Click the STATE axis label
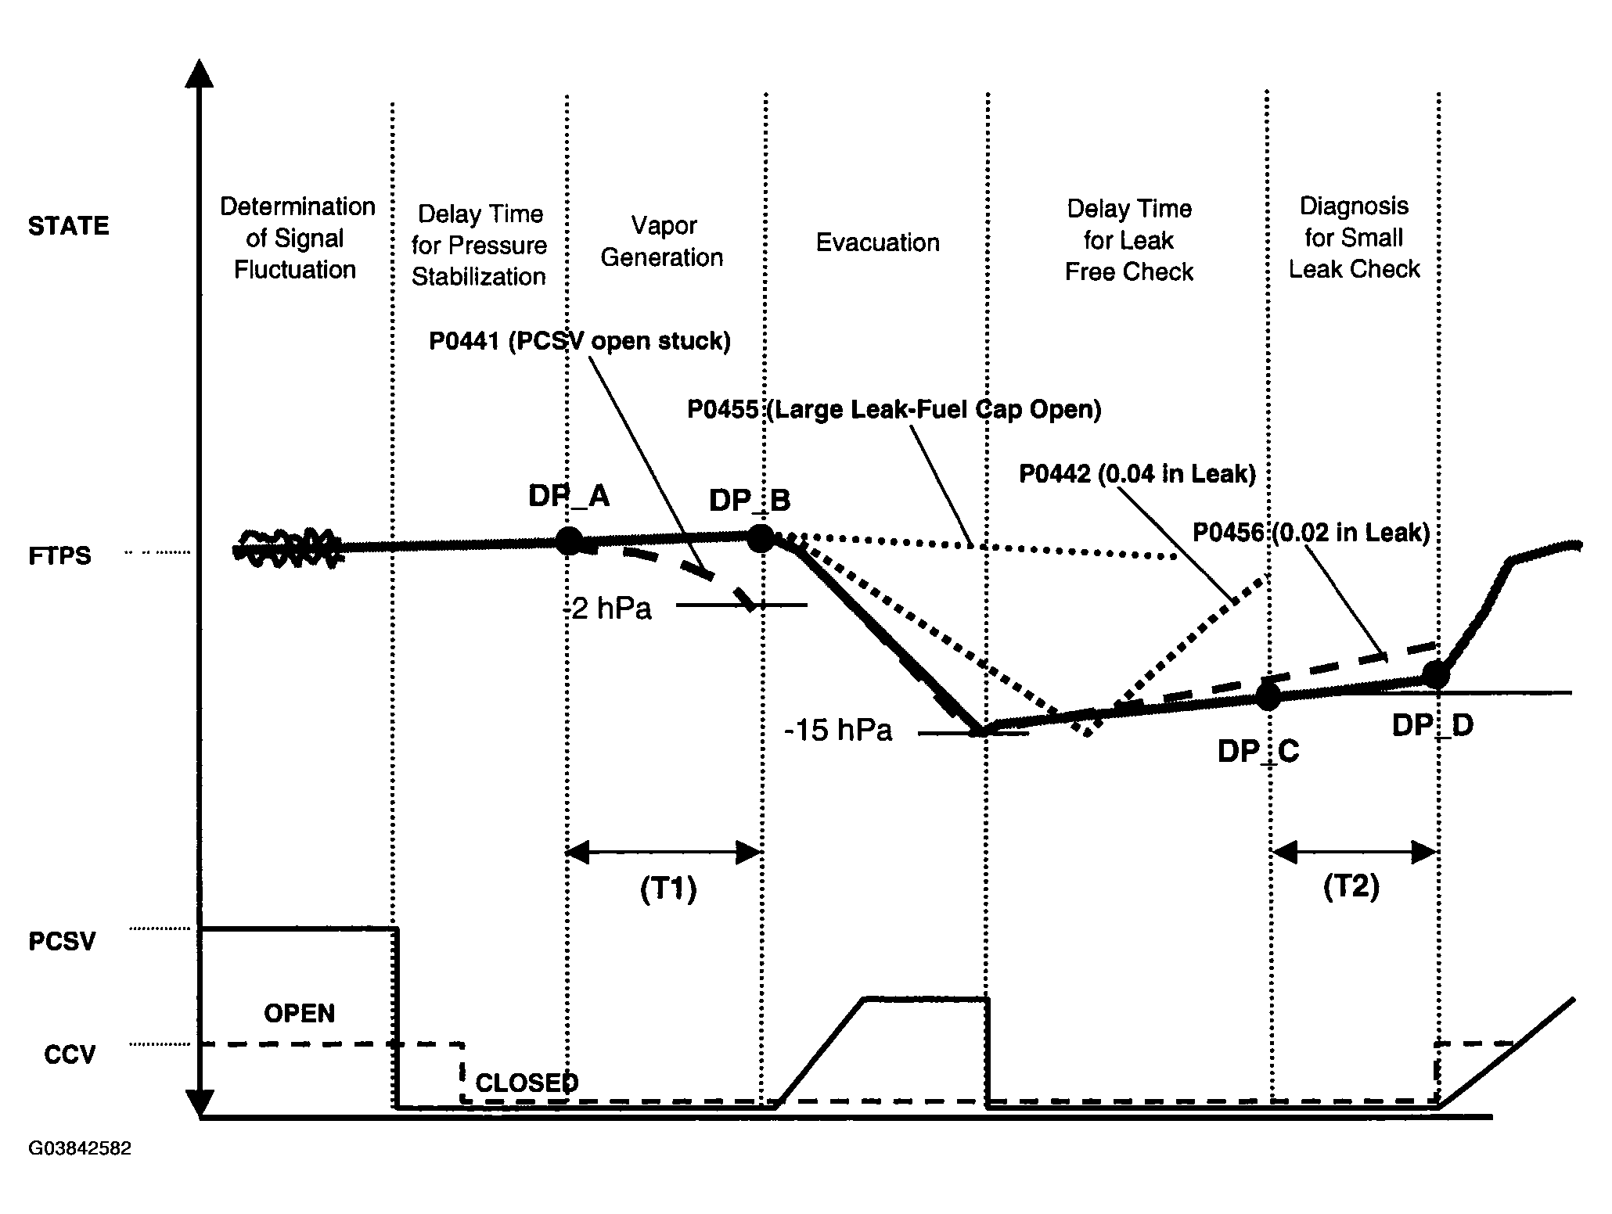coord(68,226)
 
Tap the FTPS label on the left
coord(59,556)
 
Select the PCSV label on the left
coord(62,941)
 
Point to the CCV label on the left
coord(69,1054)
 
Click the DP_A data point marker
coord(569,541)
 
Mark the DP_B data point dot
coord(761,537)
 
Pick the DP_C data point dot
coord(1268,695)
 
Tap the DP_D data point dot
coord(1435,674)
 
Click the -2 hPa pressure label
coord(608,609)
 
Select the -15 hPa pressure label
coord(838,731)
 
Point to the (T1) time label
coord(667,890)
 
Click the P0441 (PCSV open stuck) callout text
coord(579,341)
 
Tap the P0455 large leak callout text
coord(894,409)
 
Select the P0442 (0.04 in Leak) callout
coord(1137,473)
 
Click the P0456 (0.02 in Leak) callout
coord(1311,533)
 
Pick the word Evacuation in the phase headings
coord(877,242)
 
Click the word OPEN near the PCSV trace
coord(299,1013)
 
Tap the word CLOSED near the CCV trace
coord(527,1083)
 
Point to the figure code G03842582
coord(80,1148)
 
